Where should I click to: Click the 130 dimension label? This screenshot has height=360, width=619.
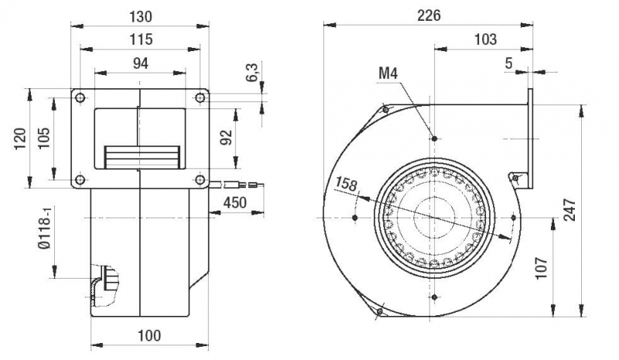click(141, 15)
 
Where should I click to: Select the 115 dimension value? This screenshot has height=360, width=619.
click(141, 39)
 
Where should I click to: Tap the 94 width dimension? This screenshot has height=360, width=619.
click(140, 63)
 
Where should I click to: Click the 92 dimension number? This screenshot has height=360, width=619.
click(226, 138)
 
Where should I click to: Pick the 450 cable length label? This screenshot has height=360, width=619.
click(235, 203)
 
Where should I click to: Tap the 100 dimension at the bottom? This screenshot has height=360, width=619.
click(149, 335)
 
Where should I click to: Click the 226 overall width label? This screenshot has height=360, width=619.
click(429, 15)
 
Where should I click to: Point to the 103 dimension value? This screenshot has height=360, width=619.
click(485, 39)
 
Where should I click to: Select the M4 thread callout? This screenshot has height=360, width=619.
click(388, 74)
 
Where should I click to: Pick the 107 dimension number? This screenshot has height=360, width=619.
click(542, 268)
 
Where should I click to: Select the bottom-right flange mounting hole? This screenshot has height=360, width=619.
click(200, 180)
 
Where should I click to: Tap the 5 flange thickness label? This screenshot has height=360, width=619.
click(508, 63)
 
